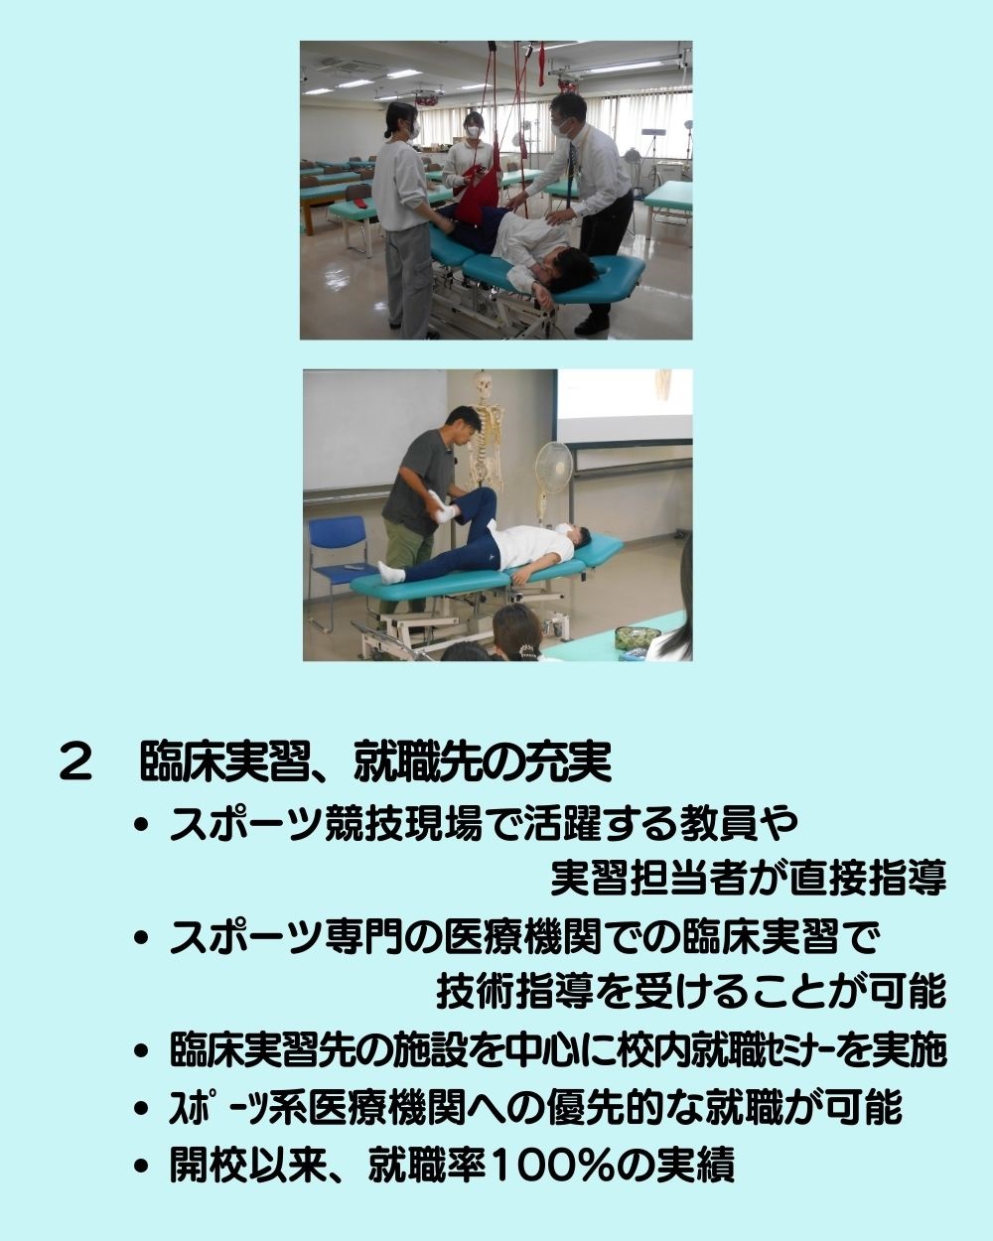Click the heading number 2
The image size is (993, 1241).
click(x=75, y=762)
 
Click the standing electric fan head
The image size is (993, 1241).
click(x=553, y=467)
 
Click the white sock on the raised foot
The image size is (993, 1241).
click(x=442, y=508)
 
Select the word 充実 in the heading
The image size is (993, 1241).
click(x=570, y=762)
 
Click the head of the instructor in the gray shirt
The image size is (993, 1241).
click(x=463, y=425)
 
